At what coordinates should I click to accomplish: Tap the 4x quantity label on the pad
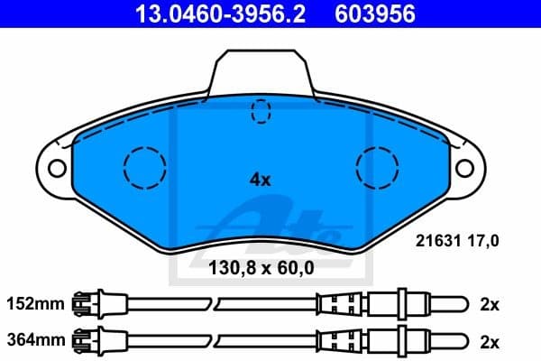[x=260, y=179]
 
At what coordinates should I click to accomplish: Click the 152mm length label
[x=36, y=304]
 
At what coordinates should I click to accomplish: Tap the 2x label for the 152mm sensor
[x=489, y=304]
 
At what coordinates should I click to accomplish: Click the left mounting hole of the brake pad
[x=57, y=168]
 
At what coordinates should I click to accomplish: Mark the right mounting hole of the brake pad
[x=465, y=168]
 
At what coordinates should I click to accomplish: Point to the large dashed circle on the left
[x=145, y=167]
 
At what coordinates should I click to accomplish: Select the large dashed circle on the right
[x=378, y=167]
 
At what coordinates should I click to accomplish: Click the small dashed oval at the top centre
[x=261, y=111]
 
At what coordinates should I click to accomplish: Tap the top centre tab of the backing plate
[x=261, y=70]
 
